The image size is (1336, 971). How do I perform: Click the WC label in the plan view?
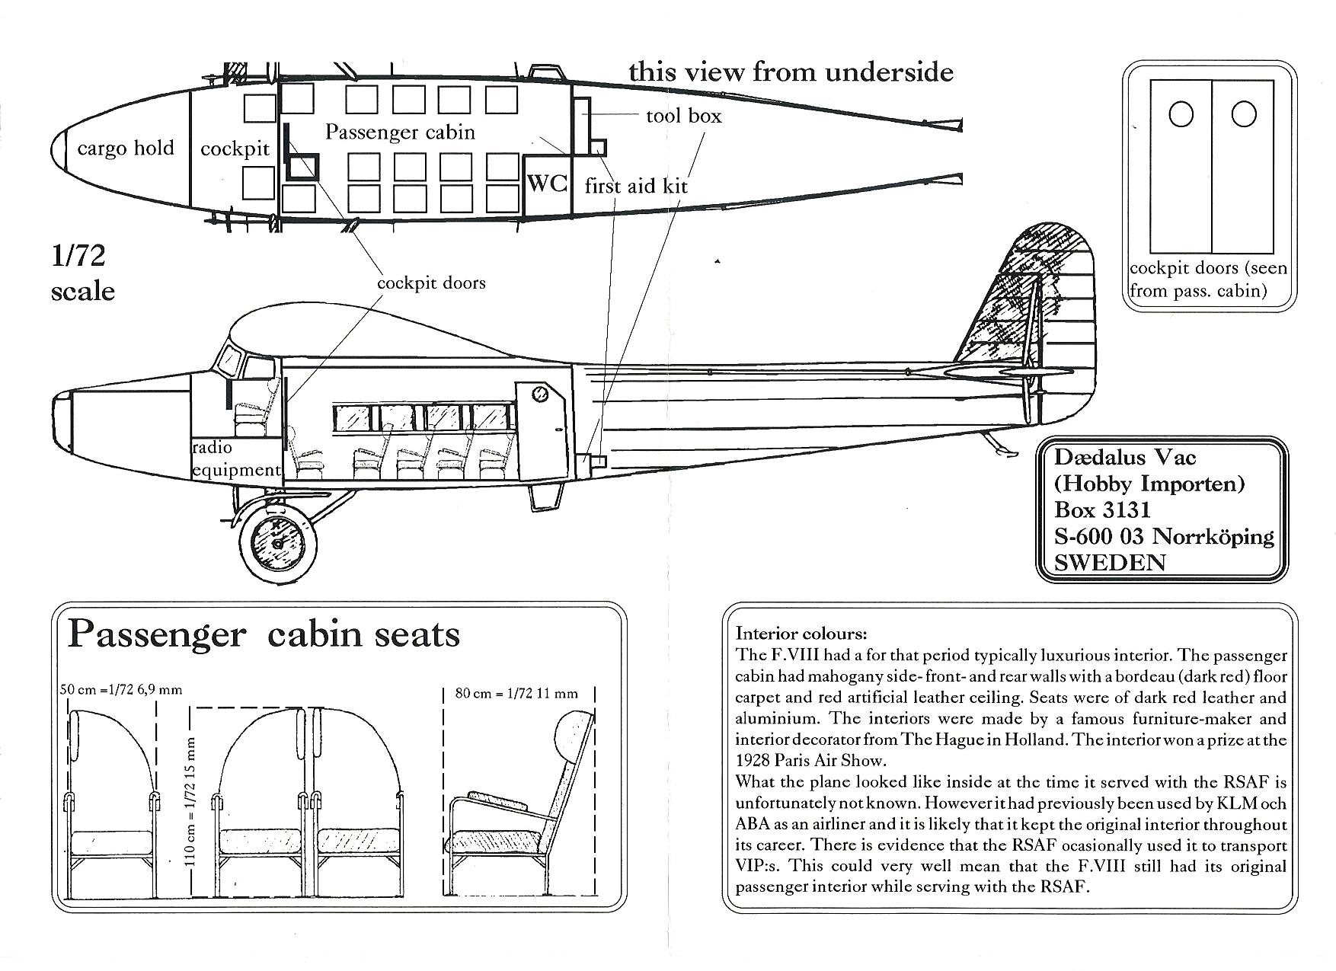click(x=547, y=184)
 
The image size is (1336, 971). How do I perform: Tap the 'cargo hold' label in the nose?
click(x=126, y=148)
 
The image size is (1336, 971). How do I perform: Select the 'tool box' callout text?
click(x=683, y=116)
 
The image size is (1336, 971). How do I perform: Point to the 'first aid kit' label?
click(x=636, y=186)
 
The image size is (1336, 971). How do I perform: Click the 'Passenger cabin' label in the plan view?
click(x=400, y=132)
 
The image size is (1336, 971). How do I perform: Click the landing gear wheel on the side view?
click(x=277, y=543)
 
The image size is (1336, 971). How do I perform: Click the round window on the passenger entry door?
click(x=539, y=394)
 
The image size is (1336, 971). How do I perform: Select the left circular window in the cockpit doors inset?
click(x=1181, y=114)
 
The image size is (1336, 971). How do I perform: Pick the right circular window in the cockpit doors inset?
click(x=1243, y=114)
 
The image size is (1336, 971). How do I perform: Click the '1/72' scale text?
click(x=78, y=255)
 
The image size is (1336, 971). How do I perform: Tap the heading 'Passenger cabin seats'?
click(x=264, y=634)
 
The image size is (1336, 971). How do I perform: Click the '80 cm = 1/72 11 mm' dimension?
click(x=516, y=693)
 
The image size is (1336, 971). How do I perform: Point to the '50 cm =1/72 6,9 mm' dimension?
click(x=121, y=690)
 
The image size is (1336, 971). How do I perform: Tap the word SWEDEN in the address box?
click(x=1110, y=562)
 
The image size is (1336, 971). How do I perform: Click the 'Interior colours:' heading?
click(x=801, y=634)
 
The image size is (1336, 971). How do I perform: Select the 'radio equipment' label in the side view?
click(x=235, y=458)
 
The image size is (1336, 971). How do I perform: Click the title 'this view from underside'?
click(x=791, y=72)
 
